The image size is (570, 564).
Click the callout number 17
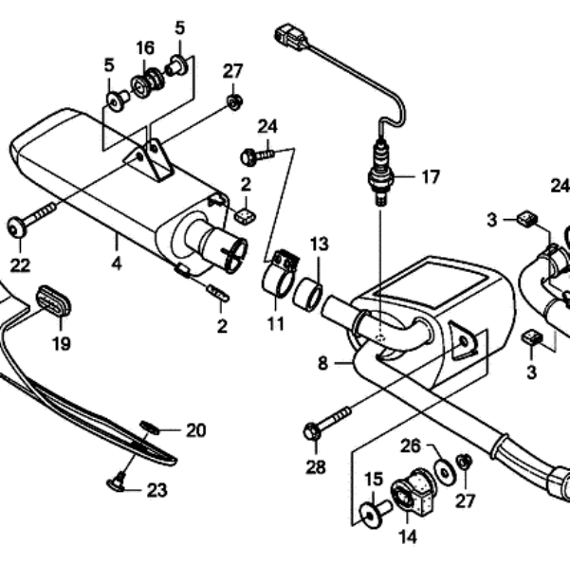pyautogui.click(x=431, y=177)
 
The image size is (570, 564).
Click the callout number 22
pyautogui.click(x=20, y=265)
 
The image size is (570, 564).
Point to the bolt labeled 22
pyautogui.click(x=32, y=218)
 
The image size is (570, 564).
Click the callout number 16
pyautogui.click(x=145, y=47)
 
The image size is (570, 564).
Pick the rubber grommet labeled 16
pyautogui.click(x=148, y=83)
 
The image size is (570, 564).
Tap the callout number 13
pyautogui.click(x=320, y=244)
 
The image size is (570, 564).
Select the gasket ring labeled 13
pyautogui.click(x=307, y=294)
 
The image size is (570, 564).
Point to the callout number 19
pyautogui.click(x=61, y=343)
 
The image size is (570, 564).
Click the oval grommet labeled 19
pyautogui.click(x=53, y=302)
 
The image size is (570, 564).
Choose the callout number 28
pyautogui.click(x=316, y=467)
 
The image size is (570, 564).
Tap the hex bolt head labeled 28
pyautogui.click(x=312, y=431)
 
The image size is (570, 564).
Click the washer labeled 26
pyautogui.click(x=444, y=472)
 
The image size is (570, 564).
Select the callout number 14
pyautogui.click(x=407, y=537)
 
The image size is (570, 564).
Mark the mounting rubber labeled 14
pyautogui.click(x=414, y=494)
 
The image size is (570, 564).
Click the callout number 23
pyautogui.click(x=157, y=491)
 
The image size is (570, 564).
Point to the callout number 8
pyautogui.click(x=322, y=363)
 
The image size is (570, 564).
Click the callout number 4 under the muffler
pyautogui.click(x=117, y=264)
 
